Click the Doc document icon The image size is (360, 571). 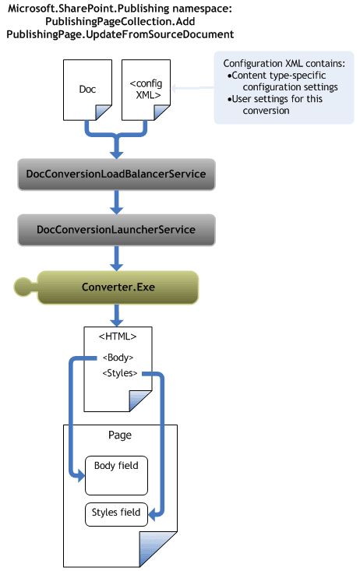coord(87,90)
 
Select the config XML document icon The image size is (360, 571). coord(146,90)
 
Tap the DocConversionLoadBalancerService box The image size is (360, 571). coord(116,174)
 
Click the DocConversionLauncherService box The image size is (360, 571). coord(116,230)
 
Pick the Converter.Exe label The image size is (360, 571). coord(118,287)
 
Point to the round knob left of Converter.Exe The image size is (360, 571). coord(23,287)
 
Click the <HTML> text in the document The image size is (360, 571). coord(118,337)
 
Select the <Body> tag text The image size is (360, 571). coord(118,358)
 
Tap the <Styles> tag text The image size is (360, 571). coord(120,373)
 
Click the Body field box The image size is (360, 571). coord(116,475)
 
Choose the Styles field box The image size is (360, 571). coord(116,514)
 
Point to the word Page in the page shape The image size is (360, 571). coord(120,435)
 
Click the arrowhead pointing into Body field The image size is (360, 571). coord(81,475)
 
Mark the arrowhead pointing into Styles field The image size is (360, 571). coord(152,515)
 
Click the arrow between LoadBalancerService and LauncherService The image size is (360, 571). coord(116,202)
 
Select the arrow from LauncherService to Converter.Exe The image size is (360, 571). coord(116,258)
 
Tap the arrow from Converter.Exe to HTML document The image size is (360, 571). coord(116,315)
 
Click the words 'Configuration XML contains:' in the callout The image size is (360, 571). coord(284,63)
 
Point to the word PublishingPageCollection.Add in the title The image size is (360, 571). coord(120,22)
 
